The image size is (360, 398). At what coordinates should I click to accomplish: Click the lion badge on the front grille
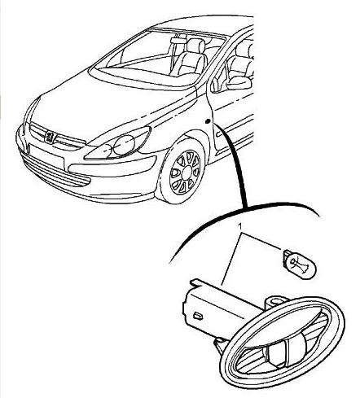[50, 137]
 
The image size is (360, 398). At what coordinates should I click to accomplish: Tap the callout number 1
[239, 226]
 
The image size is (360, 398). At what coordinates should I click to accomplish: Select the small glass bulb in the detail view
[300, 265]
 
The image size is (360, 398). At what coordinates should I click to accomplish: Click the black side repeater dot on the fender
[208, 121]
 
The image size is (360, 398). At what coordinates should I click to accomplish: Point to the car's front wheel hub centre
[186, 173]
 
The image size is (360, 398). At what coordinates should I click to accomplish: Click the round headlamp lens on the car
[124, 145]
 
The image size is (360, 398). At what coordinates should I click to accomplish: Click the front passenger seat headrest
[195, 45]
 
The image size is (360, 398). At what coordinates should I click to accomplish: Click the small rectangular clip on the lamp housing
[198, 316]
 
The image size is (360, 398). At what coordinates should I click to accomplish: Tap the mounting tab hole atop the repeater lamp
[276, 300]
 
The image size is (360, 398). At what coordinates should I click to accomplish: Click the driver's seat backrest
[191, 63]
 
